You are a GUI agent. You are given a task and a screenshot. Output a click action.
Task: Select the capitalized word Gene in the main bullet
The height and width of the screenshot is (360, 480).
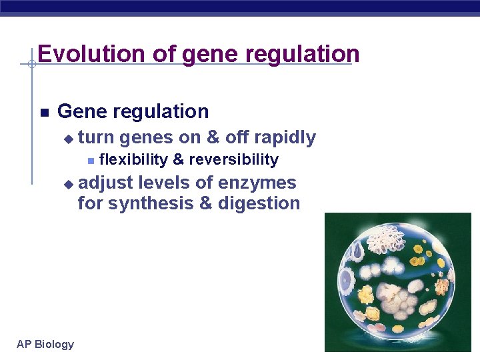point(80,111)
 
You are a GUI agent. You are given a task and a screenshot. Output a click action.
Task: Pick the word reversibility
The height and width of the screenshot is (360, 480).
point(233,160)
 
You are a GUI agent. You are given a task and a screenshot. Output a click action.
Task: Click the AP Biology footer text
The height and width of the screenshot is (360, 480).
point(45,344)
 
